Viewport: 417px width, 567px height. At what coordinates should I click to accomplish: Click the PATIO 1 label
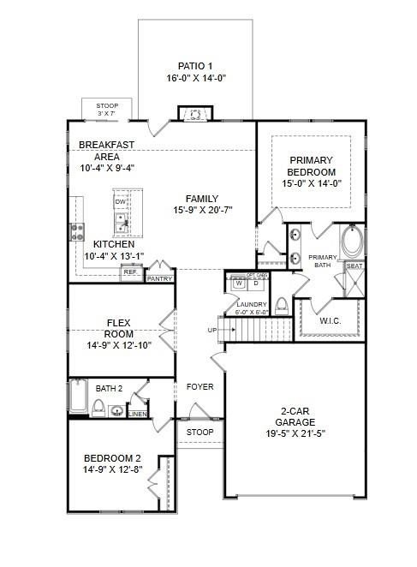[x=194, y=66]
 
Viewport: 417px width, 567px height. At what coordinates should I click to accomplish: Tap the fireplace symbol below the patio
[x=194, y=114]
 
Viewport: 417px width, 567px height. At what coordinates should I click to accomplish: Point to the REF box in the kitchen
[x=131, y=272]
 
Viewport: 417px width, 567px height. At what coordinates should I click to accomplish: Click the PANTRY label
[x=159, y=278]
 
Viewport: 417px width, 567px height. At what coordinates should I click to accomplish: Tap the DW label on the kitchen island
[x=121, y=202]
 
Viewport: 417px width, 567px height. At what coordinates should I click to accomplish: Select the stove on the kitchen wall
[x=77, y=230]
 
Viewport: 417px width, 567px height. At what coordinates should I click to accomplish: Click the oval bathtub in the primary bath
[x=352, y=243]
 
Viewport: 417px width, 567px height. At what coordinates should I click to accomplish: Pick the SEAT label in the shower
[x=353, y=266]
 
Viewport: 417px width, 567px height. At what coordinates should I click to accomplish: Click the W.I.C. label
[x=331, y=321]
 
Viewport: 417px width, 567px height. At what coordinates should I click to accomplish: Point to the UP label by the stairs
[x=212, y=330]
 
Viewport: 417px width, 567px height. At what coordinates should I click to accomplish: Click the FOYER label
[x=200, y=387]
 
